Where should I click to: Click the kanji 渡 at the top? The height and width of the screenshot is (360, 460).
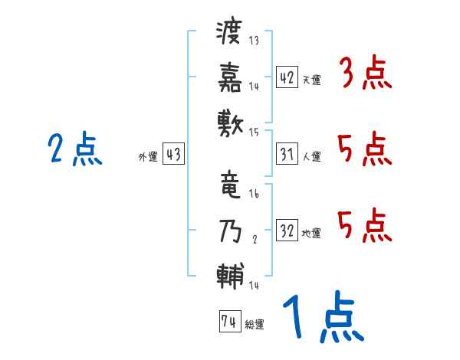tap(230, 33)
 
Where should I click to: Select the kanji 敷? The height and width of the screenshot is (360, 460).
tap(230, 120)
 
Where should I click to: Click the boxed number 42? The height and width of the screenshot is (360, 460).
tap(287, 77)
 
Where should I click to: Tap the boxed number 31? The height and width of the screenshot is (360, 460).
tap(287, 155)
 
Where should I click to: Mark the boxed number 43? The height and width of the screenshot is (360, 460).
tap(173, 155)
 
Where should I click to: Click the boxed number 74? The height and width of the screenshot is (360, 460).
tap(229, 322)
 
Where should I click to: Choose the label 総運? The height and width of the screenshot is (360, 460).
tap(255, 325)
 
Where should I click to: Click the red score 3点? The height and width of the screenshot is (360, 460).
tap(364, 75)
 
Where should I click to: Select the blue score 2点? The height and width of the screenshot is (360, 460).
tap(74, 149)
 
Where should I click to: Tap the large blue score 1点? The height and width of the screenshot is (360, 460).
tap(321, 318)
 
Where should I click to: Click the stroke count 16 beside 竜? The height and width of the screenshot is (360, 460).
tap(254, 195)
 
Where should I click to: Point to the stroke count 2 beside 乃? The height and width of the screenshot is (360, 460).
tap(254, 240)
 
